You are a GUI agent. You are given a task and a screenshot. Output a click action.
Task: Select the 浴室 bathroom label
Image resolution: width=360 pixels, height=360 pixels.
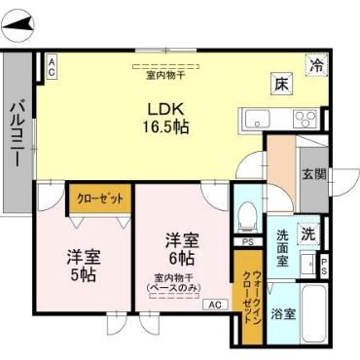tap(282, 316)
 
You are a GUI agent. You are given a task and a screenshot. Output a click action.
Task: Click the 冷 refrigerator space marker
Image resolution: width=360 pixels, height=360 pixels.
tap(316, 65)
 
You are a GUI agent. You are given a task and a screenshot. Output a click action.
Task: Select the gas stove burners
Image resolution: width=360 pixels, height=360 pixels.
tap(306, 120)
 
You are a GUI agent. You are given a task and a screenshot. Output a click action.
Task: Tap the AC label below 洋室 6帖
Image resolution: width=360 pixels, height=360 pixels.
tap(214, 305)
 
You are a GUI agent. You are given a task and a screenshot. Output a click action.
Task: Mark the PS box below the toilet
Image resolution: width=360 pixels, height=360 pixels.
tap(248, 241)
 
